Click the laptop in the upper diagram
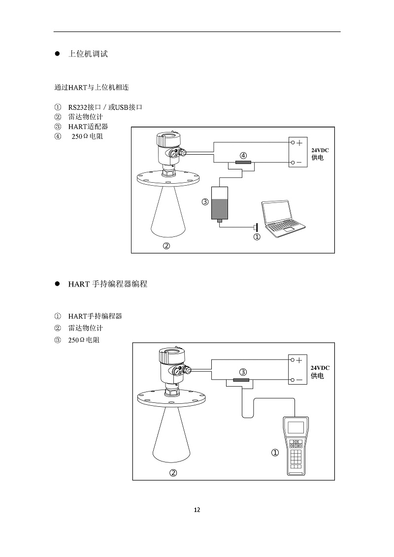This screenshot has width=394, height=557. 284,216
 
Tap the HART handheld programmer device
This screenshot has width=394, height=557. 296,446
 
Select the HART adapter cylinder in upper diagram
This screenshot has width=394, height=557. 219,203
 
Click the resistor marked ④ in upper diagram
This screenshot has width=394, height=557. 243,163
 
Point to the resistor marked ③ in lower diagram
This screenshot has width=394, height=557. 241,380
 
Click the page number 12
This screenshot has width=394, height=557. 197,510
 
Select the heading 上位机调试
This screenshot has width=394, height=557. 88,54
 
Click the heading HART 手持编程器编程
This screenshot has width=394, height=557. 107,284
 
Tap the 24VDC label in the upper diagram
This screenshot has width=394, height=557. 320,150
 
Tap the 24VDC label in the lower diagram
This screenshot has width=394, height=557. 320,368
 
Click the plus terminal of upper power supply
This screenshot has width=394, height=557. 299,142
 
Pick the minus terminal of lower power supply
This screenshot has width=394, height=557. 299,380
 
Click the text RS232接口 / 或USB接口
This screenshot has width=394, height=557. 105,107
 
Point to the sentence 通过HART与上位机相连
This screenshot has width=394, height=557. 92,88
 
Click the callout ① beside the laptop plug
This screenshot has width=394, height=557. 257,237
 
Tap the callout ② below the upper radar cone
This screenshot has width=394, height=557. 166,246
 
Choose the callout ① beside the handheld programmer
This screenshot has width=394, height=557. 275,453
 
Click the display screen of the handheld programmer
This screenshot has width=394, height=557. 296,426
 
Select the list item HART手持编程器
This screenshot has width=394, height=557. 95,316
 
